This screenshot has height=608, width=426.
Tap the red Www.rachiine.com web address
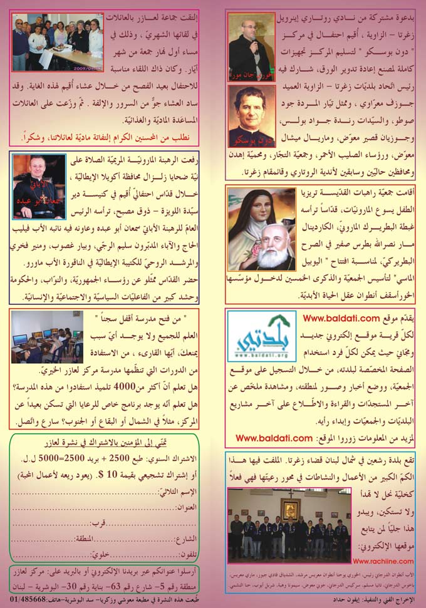pos(381,562)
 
